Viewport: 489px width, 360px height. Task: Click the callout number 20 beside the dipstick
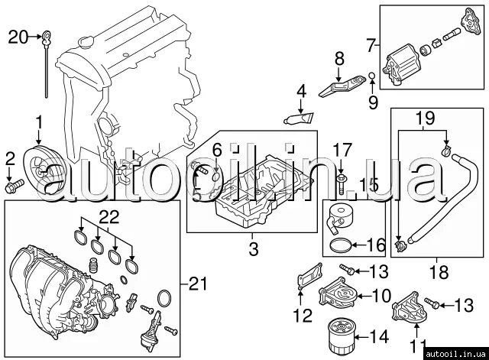tap(18, 37)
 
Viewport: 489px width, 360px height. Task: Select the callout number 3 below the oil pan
tap(254, 249)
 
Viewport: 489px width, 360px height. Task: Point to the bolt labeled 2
tap(15, 186)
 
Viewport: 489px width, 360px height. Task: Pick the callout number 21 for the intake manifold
tap(198, 284)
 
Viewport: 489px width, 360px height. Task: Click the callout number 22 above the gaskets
tap(110, 217)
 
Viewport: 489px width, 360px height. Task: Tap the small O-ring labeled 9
tap(372, 76)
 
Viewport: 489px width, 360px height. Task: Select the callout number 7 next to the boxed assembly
tap(370, 47)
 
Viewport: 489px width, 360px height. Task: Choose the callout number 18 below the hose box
tap(439, 271)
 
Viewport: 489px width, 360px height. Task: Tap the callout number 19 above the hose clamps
tap(426, 118)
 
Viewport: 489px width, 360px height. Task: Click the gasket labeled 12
tap(309, 276)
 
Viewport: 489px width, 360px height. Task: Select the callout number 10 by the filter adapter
tap(381, 295)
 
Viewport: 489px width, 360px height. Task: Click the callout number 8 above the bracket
tap(339, 58)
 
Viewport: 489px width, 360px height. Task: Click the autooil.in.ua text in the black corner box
tap(456, 354)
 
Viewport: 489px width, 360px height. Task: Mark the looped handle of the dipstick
tap(46, 37)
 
